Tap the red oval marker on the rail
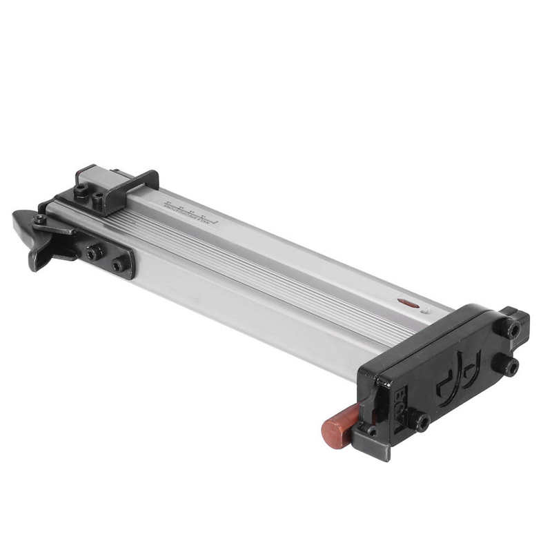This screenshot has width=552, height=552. coord(408,303)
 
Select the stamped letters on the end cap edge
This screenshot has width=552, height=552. coord(401,407)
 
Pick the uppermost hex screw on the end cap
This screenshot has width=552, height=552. coord(511,327)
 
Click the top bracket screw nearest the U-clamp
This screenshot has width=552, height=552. coord(99,201)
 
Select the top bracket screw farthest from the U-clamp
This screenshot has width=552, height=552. coord(81,193)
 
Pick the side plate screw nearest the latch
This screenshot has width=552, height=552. coord(94,253)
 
